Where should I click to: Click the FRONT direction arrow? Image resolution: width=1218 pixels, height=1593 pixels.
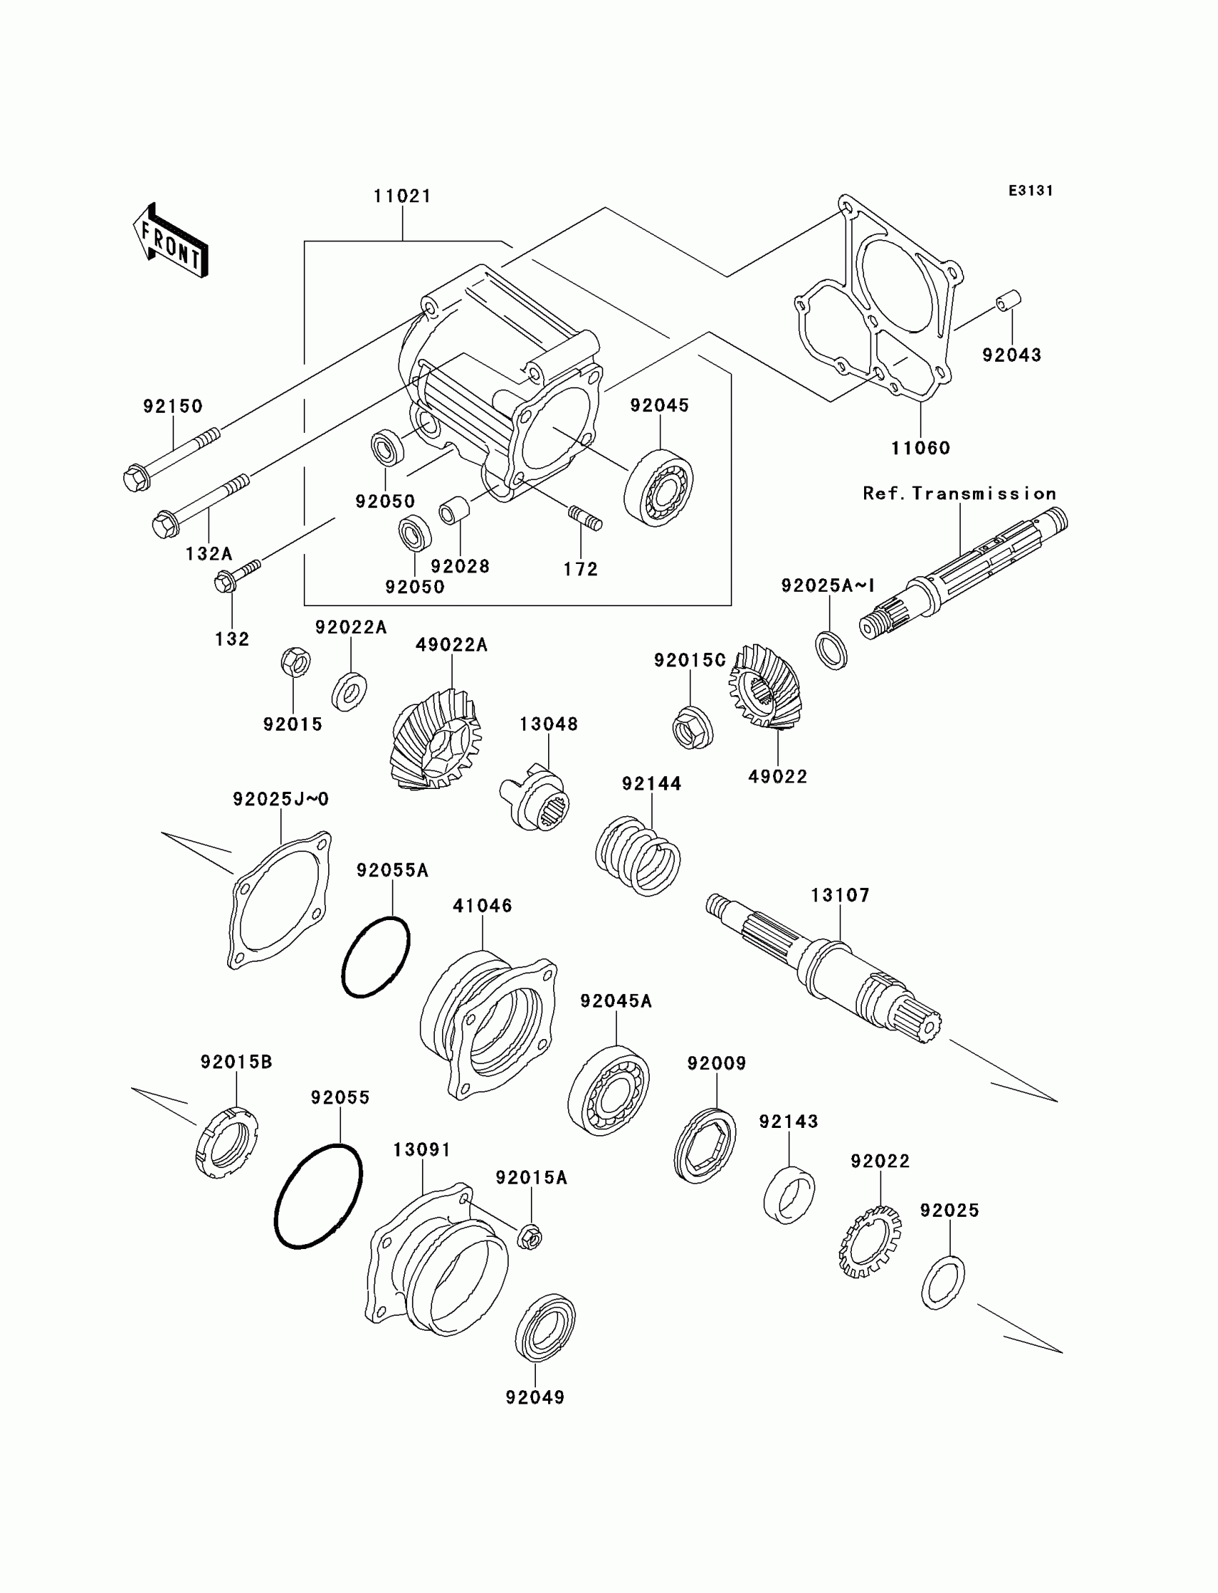pyautogui.click(x=171, y=241)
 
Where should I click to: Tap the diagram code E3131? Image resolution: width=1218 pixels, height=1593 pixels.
pyautogui.click(x=1030, y=191)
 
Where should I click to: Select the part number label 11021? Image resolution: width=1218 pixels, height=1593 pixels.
pyautogui.click(x=403, y=196)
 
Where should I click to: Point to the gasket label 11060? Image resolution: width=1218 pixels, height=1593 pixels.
pyautogui.click(x=920, y=448)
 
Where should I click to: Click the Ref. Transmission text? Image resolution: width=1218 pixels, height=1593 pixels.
pyautogui.click(x=959, y=494)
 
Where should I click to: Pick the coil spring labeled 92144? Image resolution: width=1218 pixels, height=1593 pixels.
pyautogui.click(x=638, y=856)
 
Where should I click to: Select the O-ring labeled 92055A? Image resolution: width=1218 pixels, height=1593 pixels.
pyautogui.click(x=375, y=957)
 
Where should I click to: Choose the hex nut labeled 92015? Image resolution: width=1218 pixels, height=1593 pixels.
pyautogui.click(x=295, y=662)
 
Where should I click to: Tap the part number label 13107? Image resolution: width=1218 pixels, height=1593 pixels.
pyautogui.click(x=840, y=896)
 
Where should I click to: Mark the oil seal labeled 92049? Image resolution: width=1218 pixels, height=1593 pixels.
pyautogui.click(x=545, y=1326)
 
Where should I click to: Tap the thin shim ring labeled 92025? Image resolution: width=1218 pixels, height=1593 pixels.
pyautogui.click(x=942, y=1283)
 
